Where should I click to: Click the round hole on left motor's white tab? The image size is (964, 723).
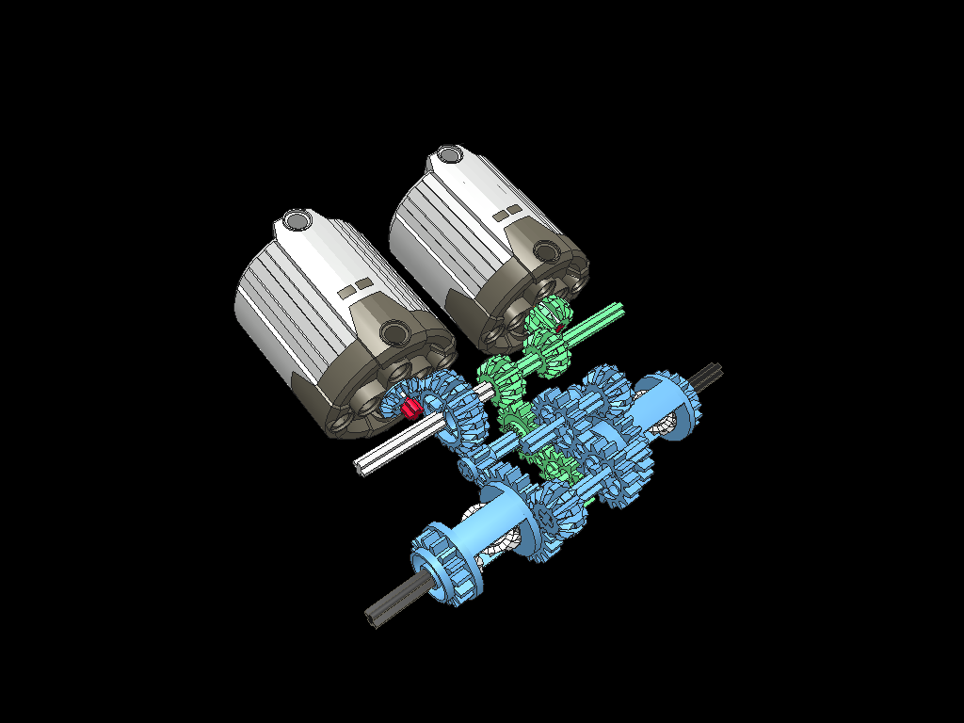(x=297, y=220)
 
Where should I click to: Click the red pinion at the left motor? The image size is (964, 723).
(x=410, y=407)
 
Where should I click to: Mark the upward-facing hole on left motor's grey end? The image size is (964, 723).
(x=395, y=331)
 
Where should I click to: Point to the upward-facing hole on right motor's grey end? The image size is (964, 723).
(x=547, y=250)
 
